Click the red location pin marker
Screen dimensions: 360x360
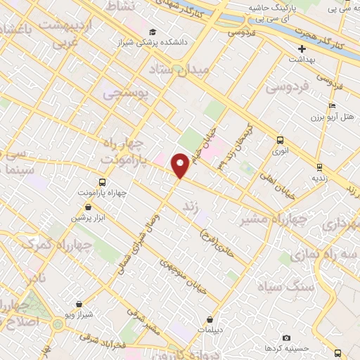point(180,165)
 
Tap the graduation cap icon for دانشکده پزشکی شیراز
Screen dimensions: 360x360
point(153,32)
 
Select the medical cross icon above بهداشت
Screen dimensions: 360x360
point(302,49)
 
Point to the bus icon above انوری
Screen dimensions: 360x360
point(280,139)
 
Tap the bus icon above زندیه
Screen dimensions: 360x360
point(319,167)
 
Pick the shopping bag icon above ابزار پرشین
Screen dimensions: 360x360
point(87,207)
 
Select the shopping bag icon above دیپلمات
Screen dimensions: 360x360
point(210,319)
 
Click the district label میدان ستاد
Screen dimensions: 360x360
point(176,70)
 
